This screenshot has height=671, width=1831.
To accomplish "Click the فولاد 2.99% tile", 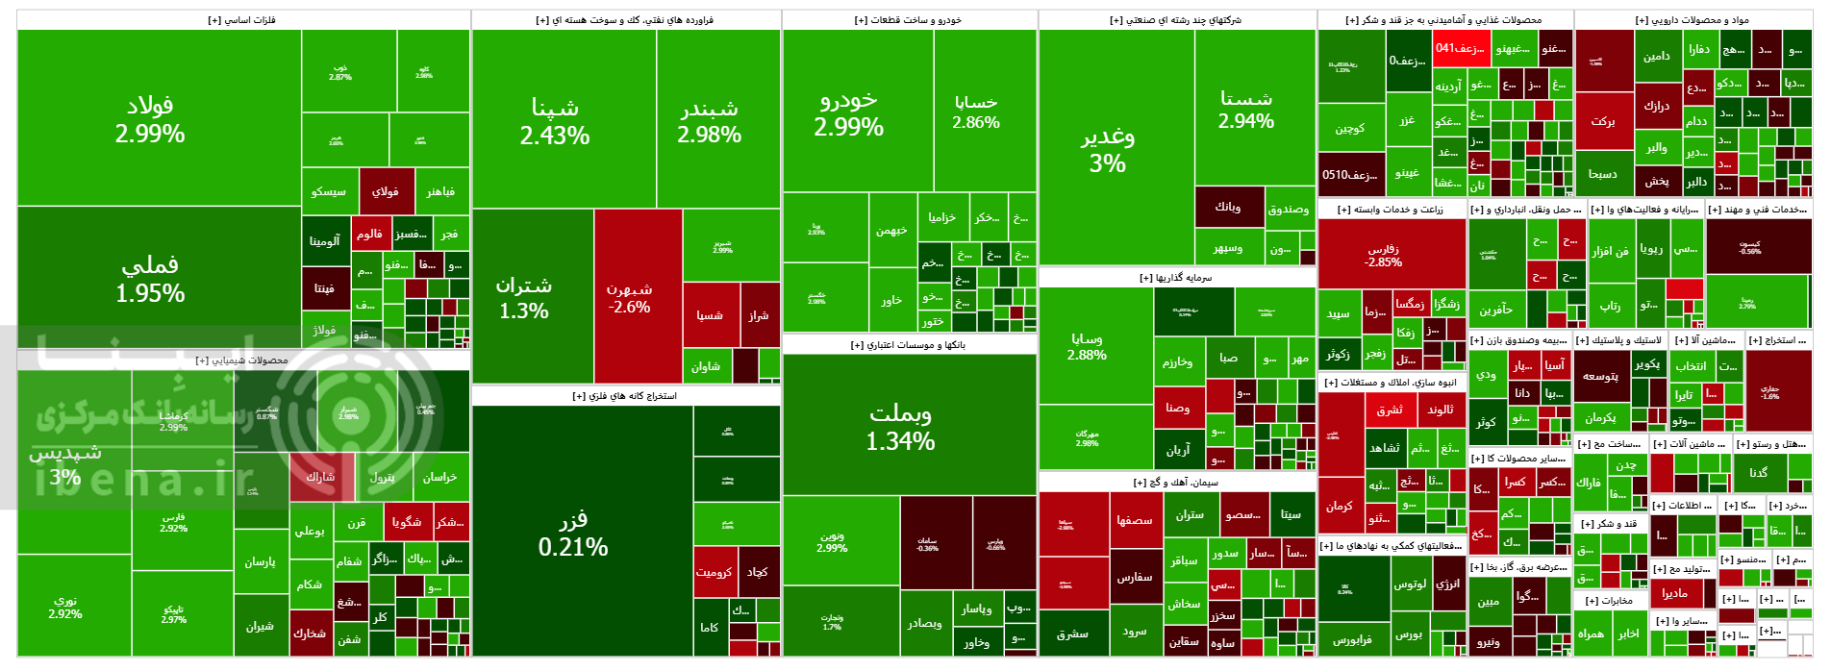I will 150,118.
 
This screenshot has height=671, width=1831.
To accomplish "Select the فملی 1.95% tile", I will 150,279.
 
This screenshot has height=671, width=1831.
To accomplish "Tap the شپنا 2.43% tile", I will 555,120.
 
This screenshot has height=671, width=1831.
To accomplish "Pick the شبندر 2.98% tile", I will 710,120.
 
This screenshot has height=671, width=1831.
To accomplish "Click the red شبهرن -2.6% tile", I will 629,297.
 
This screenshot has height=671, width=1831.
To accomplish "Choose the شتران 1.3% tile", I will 524,297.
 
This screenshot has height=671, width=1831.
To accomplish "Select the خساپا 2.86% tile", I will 976,112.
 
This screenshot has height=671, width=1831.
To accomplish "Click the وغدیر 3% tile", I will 1108,149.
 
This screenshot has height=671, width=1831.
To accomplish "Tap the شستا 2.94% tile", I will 1246,109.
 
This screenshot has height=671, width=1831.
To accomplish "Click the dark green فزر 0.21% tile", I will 573,533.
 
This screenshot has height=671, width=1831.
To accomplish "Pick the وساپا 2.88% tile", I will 1087,346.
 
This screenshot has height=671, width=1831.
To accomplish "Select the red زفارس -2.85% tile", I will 1384,255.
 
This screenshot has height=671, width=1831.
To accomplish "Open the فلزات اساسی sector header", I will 242,20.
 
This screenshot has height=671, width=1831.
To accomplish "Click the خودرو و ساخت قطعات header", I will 908,20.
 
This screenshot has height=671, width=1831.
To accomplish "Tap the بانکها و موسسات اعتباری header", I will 908,345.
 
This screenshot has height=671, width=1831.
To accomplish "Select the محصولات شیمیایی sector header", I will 242,360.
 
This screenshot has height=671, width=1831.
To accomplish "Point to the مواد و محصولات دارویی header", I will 1692,20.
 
